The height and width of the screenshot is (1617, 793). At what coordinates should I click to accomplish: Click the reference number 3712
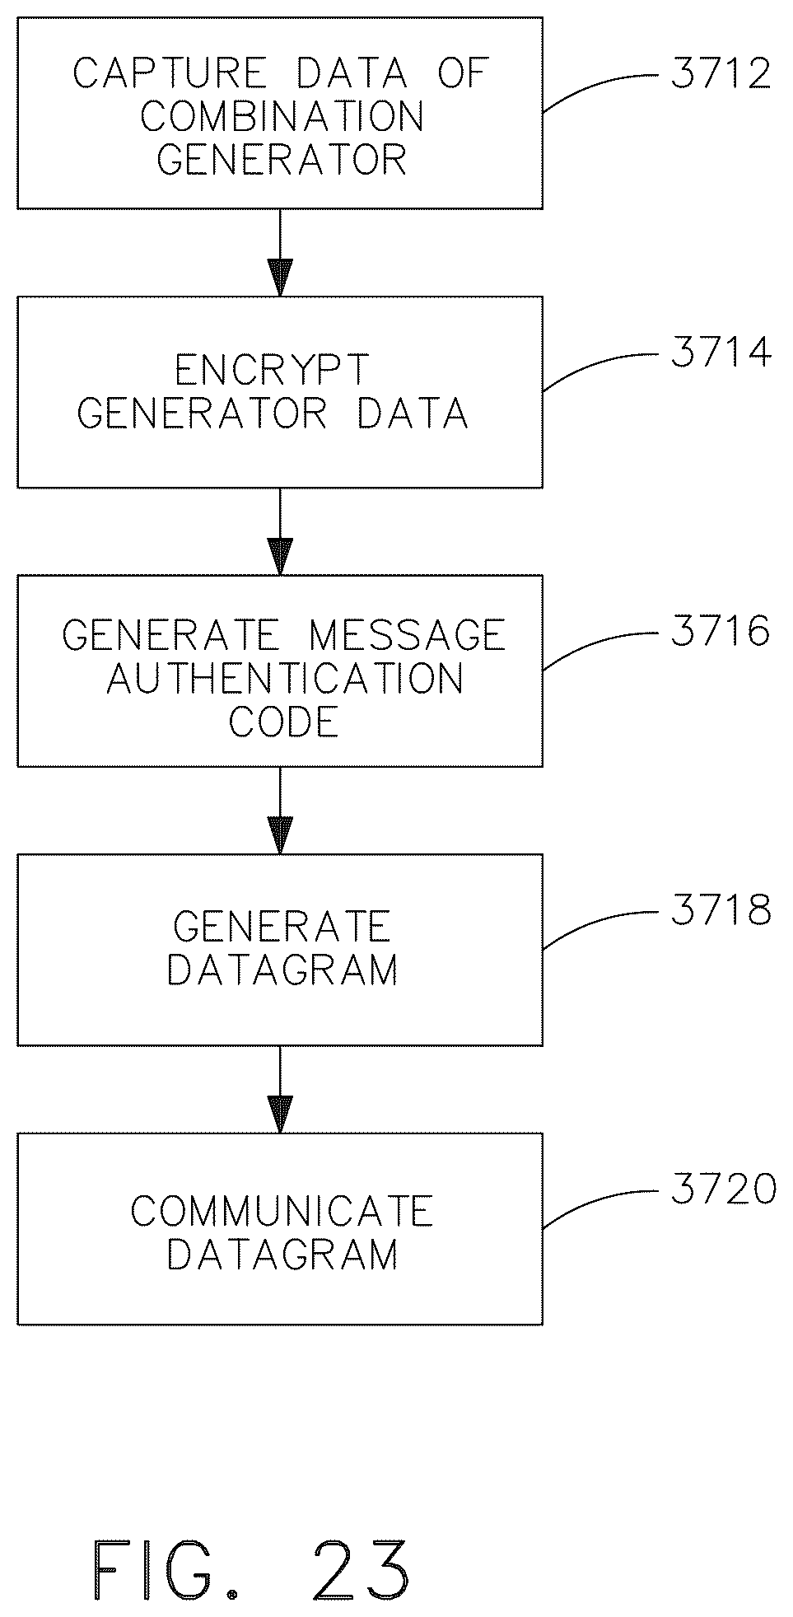pos(721,74)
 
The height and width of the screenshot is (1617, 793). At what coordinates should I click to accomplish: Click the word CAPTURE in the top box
pos(170,73)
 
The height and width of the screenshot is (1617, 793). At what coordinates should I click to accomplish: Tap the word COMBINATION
pos(282,116)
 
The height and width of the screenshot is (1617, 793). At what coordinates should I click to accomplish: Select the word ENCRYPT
pos(272,370)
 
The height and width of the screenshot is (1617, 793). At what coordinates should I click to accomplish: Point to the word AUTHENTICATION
pos(285,678)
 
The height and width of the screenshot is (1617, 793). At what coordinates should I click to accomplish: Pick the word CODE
pos(283,722)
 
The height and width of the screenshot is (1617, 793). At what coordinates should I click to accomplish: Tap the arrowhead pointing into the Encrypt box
pos(281,278)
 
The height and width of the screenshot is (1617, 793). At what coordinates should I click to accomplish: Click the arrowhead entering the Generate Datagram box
pos(281,835)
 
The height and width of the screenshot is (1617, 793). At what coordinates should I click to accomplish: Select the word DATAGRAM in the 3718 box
pos(282,970)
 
